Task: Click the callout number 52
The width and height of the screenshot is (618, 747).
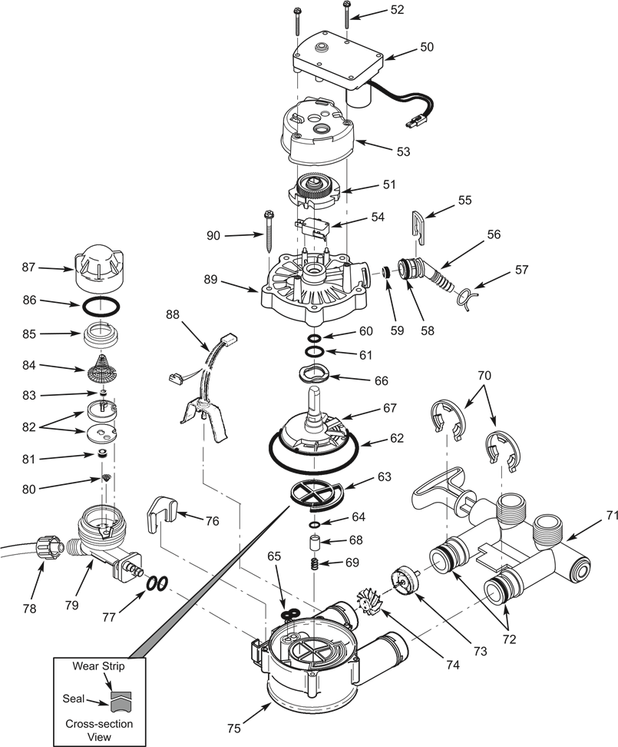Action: pos(397,10)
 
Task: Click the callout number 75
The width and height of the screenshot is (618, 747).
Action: pos(233,728)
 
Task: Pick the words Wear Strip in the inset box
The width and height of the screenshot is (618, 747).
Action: pos(98,666)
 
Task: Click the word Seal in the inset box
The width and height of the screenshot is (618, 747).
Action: pos(74,699)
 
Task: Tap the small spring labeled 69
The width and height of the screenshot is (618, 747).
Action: pos(314,563)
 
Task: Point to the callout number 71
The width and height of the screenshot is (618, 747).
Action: pos(611,516)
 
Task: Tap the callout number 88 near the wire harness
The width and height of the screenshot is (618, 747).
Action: pos(174,314)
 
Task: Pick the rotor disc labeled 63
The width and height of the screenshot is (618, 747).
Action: pos(316,493)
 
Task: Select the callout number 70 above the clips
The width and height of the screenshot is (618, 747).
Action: pos(484,376)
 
